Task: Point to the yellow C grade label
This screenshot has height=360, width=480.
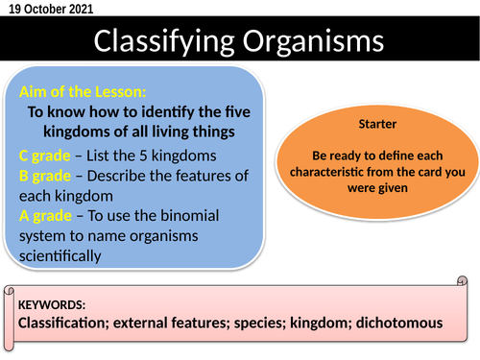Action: [x=44, y=155]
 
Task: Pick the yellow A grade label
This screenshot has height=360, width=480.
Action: [x=44, y=216]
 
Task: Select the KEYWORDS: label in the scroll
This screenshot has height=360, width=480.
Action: [x=52, y=304]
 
